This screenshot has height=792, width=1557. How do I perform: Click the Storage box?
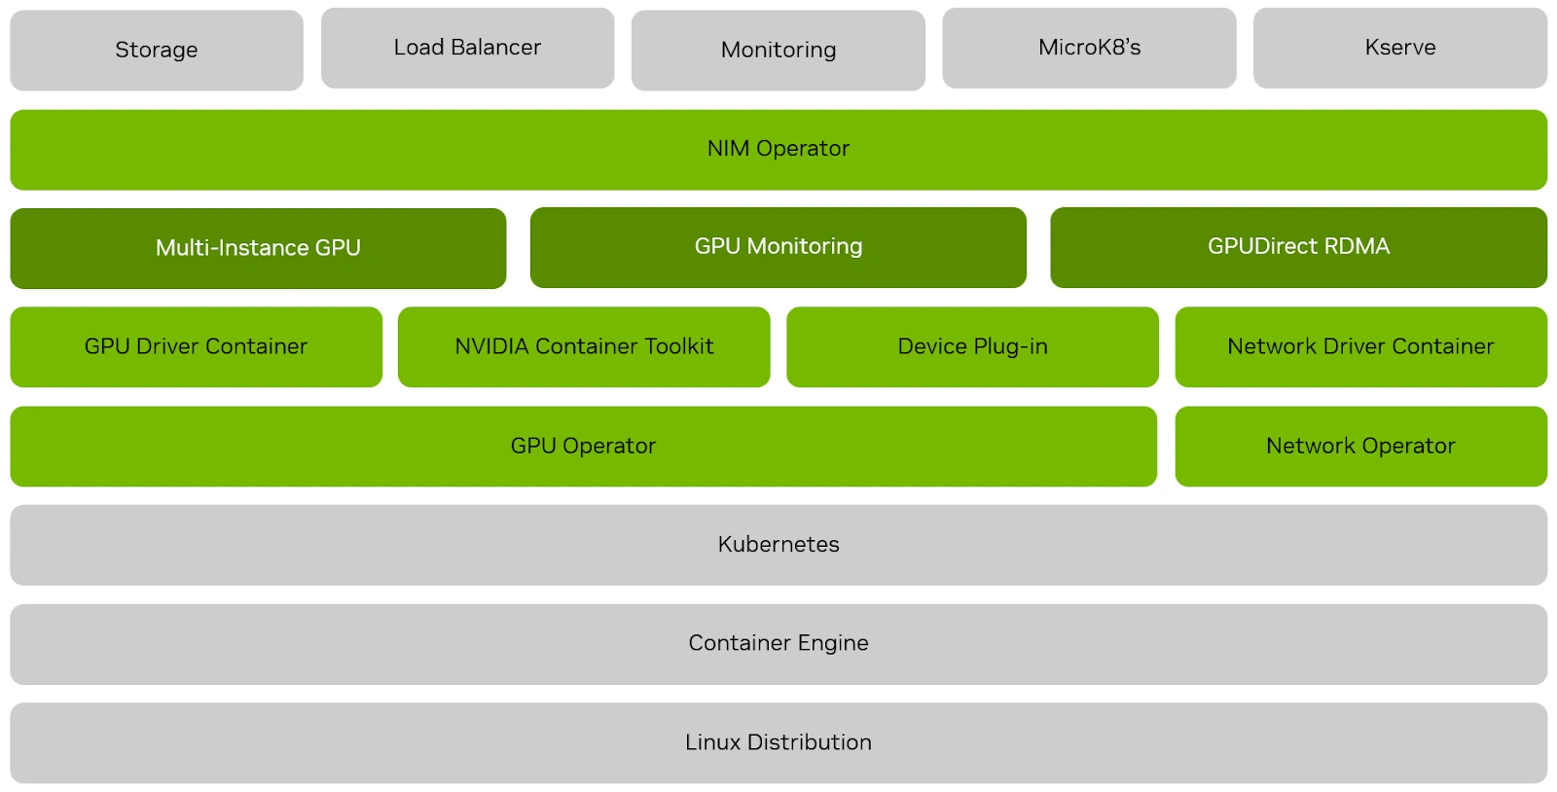156,50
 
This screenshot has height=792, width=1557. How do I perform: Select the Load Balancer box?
467,48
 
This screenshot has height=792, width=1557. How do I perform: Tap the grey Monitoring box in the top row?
778,50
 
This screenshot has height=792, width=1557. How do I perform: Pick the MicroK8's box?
1089,48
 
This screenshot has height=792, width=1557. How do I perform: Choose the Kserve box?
1399,48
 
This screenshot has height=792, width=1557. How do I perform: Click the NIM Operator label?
778,149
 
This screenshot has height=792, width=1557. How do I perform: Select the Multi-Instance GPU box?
258,248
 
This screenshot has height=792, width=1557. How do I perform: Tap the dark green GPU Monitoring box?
778,247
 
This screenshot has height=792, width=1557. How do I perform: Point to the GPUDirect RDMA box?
1298,247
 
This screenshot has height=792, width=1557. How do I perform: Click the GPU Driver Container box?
196,346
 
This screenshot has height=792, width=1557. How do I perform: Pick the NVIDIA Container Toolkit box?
584,346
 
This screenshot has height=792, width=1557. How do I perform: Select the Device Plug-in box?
972,346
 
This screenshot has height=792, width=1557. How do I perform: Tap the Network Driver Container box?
1360,346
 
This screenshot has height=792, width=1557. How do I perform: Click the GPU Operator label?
583,446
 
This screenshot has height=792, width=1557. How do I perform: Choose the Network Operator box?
1360,446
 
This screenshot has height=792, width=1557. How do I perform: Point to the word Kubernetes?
778,545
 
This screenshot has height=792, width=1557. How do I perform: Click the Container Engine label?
778,643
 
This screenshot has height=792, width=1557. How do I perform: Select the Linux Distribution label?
778,742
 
